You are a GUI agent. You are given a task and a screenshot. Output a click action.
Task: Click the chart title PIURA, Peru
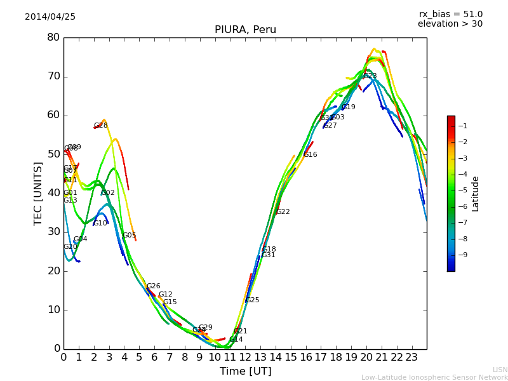245,30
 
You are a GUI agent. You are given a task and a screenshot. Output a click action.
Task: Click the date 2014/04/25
50,17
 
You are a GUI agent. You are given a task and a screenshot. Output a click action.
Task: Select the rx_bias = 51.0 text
450,14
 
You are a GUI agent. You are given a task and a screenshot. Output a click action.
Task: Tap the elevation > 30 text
450,24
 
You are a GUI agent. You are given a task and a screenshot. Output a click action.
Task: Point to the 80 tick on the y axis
53,37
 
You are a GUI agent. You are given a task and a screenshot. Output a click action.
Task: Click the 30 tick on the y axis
53,232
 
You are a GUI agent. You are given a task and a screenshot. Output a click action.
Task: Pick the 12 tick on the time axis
245,357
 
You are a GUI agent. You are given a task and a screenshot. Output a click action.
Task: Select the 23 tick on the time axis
411,357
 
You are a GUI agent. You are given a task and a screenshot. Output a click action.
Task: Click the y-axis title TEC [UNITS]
38,193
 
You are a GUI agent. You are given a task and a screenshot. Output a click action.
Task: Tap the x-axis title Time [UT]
245,371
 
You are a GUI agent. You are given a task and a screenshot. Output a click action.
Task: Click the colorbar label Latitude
475,193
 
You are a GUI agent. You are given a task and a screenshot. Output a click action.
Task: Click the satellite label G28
101,126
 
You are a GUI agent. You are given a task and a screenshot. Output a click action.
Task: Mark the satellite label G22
283,212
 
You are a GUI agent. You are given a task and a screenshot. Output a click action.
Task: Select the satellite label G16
310,155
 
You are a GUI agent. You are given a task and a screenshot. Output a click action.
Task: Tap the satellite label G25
252,300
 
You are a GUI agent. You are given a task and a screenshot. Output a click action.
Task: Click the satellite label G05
129,236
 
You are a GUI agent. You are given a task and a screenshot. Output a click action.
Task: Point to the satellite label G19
348,107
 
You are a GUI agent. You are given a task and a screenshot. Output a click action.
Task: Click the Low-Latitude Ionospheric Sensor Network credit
434,377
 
